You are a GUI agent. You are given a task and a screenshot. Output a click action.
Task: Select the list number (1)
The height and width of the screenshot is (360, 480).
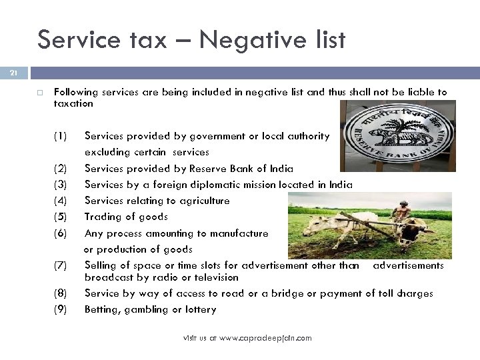(x=60, y=136)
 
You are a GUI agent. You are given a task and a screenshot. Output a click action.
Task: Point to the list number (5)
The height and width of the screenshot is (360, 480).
(x=60, y=217)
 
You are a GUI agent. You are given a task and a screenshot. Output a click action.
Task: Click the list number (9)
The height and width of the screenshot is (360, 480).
(x=60, y=309)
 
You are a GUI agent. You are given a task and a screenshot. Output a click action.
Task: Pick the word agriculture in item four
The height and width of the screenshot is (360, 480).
(x=199, y=201)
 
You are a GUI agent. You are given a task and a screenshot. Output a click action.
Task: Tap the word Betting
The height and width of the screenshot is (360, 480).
(x=101, y=309)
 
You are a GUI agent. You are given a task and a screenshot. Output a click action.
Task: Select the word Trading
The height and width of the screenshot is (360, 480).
(x=102, y=217)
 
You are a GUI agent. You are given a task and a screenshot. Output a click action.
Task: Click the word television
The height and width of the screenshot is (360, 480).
(x=213, y=277)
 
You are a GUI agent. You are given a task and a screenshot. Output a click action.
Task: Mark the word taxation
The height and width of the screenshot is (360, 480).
(x=73, y=104)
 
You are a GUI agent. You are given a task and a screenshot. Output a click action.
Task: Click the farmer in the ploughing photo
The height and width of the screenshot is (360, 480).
(x=401, y=214)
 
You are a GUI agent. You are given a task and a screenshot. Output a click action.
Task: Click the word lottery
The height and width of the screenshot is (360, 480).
(x=201, y=309)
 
